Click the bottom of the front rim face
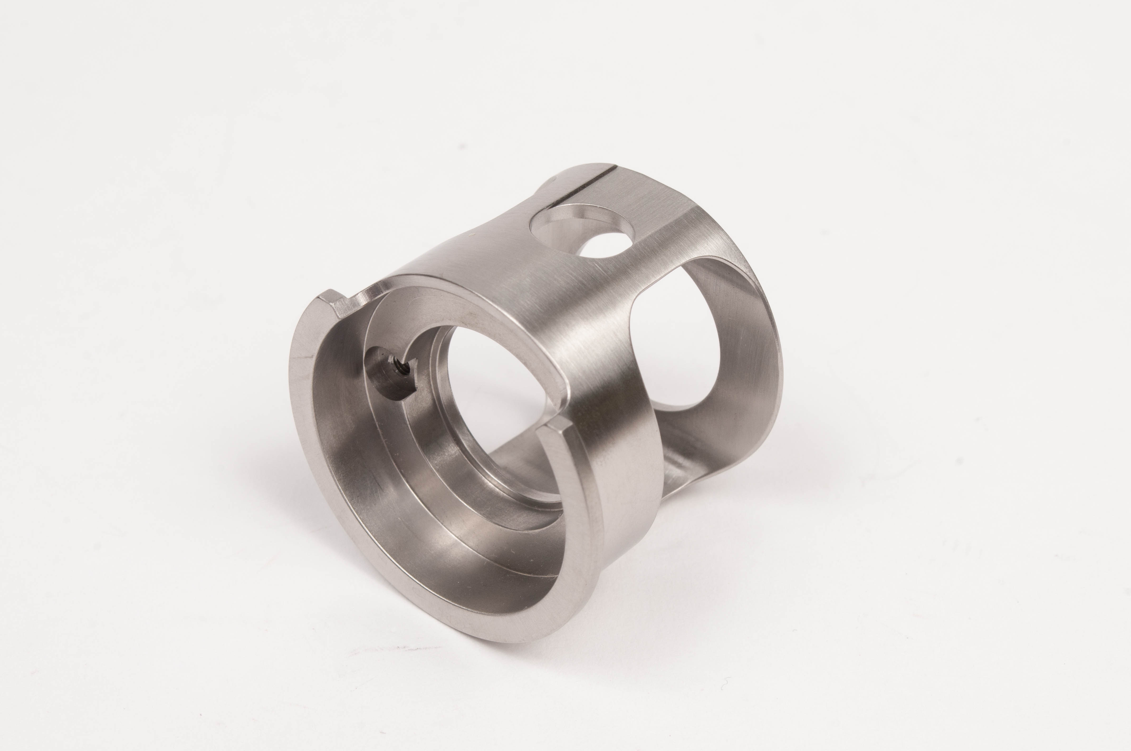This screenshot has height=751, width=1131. (x=479, y=627)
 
